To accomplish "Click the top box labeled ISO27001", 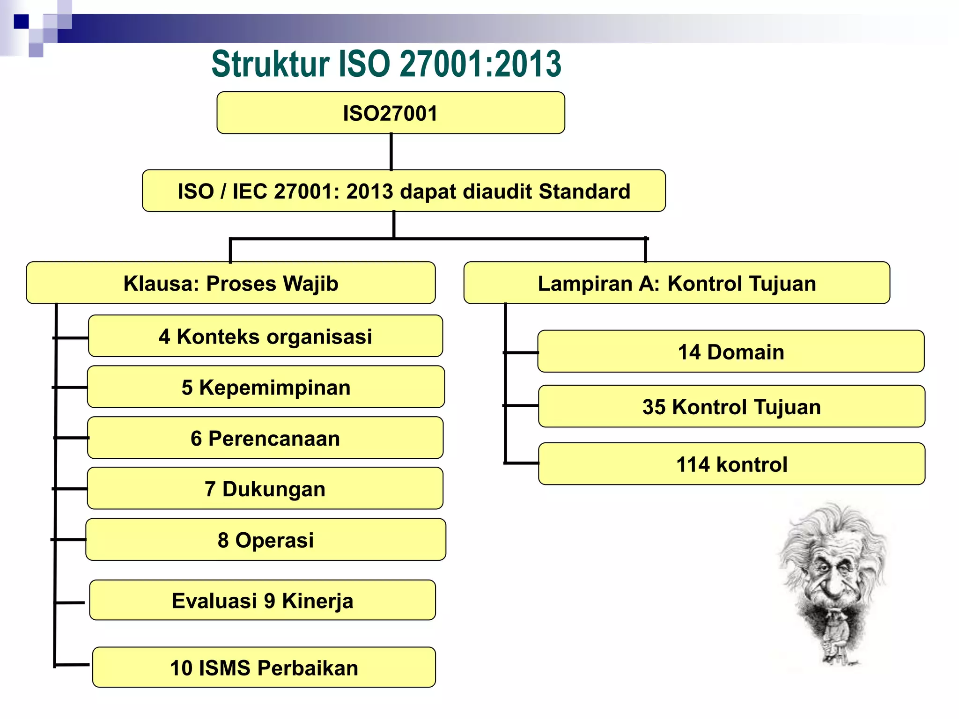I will (391, 113).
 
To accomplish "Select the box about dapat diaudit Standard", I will (404, 191).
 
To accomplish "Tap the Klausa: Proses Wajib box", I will (231, 283).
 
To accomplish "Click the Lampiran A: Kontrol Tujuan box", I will (677, 283).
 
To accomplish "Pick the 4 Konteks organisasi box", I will (265, 336).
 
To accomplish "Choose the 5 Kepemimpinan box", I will (266, 387).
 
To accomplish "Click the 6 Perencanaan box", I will (265, 438).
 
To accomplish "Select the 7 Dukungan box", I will (265, 489).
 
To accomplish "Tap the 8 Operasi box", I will (266, 540).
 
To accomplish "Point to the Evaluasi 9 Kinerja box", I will (262, 601).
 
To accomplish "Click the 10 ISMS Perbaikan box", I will (264, 668).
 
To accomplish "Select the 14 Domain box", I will (730, 352).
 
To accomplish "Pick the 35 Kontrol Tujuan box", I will (731, 406).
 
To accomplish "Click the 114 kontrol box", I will (731, 464).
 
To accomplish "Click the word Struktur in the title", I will (270, 64).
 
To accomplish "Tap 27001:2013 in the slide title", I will (480, 64).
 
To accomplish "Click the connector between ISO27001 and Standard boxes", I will (391, 152).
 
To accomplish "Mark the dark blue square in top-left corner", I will (21, 22).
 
